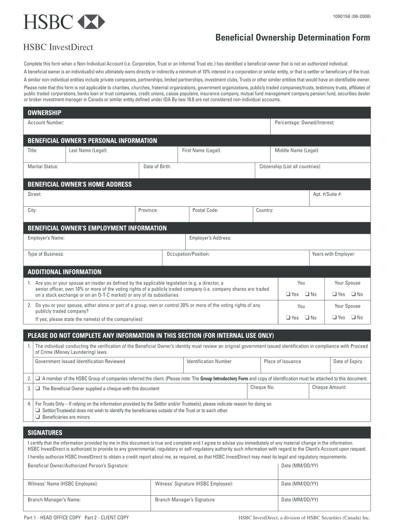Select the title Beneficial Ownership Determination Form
(292, 38)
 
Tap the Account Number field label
(46, 123)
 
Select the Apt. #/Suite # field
(340, 198)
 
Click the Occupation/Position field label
(188, 254)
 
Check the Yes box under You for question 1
(289, 294)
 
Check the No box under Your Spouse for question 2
(354, 318)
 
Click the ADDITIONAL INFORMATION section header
(64, 272)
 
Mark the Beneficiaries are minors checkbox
(38, 417)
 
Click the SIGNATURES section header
(45, 433)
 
